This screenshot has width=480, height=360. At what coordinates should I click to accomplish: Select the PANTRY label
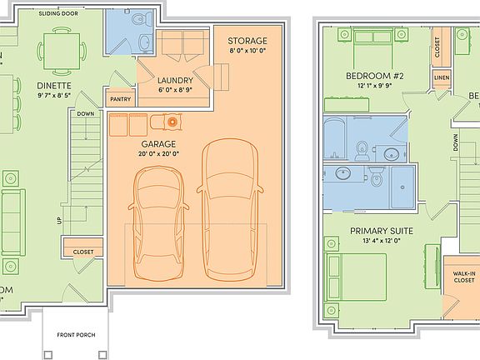[x=121, y=99]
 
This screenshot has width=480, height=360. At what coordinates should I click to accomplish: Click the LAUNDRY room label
[x=175, y=80]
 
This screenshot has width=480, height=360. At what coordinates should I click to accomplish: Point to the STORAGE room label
[x=247, y=41]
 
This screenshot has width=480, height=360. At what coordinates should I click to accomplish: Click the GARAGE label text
[x=157, y=142]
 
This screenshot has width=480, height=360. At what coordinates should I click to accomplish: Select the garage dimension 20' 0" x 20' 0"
[x=157, y=154]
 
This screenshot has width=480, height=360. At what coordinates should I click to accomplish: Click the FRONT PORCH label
[x=76, y=335]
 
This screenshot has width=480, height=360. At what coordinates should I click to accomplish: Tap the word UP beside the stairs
[x=57, y=221]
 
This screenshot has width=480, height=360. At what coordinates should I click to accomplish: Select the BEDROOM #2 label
[x=374, y=76]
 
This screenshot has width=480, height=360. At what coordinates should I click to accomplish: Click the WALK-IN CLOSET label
[x=464, y=277]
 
